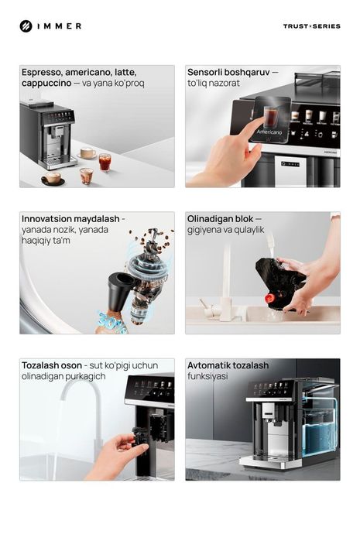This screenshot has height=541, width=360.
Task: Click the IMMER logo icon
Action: point(26,26)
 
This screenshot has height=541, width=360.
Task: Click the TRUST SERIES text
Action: point(311,26)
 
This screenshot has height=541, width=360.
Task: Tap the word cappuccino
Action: point(46,83)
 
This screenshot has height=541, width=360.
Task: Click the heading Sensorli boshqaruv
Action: point(228,72)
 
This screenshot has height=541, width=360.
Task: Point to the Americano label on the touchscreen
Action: point(269,132)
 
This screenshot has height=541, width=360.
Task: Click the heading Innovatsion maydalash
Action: point(70,219)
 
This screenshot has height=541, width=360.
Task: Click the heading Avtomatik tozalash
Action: point(228,365)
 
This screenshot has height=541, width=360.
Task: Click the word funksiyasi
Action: point(207,376)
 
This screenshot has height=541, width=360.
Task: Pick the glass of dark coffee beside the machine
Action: point(105,161)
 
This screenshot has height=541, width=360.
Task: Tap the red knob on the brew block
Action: point(269,298)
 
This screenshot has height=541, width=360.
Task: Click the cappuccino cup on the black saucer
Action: point(53,178)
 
